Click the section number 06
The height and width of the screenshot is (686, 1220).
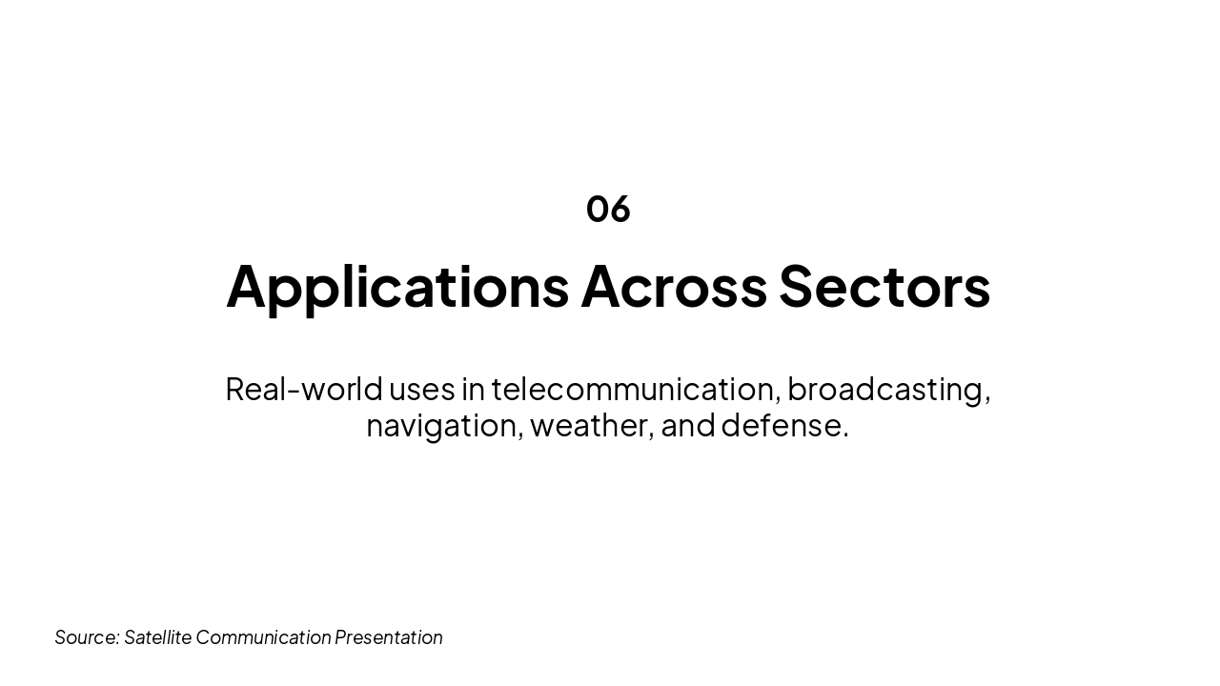608,209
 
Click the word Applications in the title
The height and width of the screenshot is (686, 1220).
397,286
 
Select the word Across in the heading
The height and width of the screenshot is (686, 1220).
674,286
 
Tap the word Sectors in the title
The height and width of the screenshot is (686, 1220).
884,286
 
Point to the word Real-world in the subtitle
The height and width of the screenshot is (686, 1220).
304,389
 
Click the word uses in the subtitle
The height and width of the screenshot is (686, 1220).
421,389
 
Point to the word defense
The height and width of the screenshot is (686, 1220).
782,425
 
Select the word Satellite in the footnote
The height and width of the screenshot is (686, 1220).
158,636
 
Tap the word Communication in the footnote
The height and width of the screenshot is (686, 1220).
263,636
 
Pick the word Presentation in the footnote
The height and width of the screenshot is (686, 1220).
389,636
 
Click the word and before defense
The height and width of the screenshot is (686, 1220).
688,425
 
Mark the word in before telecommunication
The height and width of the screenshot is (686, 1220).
474,389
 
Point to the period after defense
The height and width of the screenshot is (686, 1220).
845,435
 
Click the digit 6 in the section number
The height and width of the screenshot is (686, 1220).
620,209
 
